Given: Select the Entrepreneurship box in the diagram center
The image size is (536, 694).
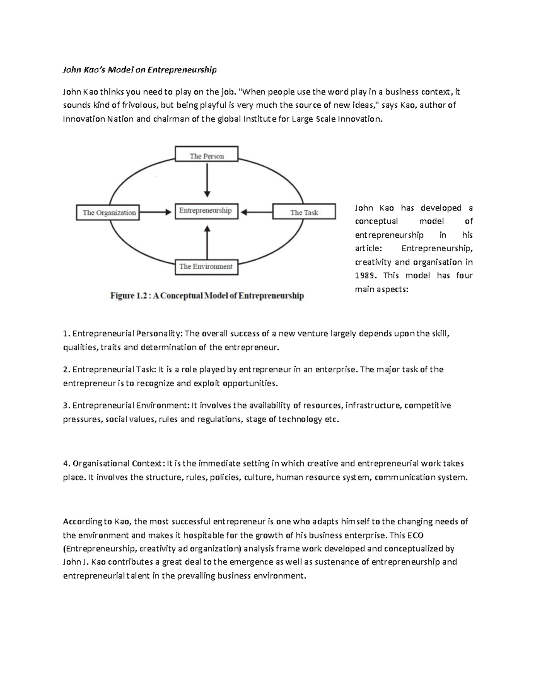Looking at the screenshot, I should click(205, 210).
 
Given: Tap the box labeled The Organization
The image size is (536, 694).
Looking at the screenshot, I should click(109, 213).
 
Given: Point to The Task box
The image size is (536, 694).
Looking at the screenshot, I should click(304, 213).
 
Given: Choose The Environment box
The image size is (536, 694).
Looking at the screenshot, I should click(206, 266).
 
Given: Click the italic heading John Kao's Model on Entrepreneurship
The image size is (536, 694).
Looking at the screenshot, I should click(139, 70).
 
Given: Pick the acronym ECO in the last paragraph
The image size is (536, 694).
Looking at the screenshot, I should click(415, 535).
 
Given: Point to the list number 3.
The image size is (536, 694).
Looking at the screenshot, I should click(66, 406).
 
